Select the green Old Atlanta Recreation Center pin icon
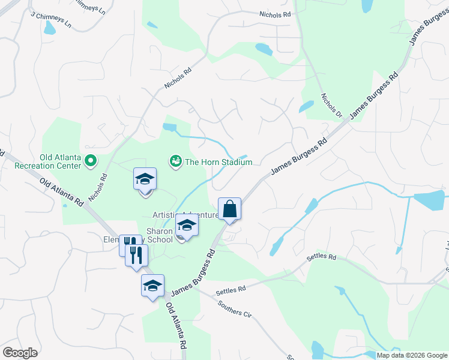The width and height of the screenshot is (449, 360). (x=91, y=160)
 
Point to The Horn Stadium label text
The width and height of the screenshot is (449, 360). (x=218, y=162)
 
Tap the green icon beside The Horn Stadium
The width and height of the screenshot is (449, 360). (x=175, y=161)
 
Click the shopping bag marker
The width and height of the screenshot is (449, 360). (x=229, y=209)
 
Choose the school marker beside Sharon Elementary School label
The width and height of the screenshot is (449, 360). (x=187, y=226)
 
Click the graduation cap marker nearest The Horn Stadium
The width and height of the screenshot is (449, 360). (x=144, y=179)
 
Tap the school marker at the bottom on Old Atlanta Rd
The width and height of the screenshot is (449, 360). (x=152, y=286)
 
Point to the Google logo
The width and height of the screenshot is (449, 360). (x=20, y=353)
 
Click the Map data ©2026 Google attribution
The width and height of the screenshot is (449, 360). (x=412, y=355)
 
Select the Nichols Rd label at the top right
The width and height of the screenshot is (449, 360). (x=274, y=14)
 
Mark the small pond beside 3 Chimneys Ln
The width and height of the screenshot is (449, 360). (x=50, y=28)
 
